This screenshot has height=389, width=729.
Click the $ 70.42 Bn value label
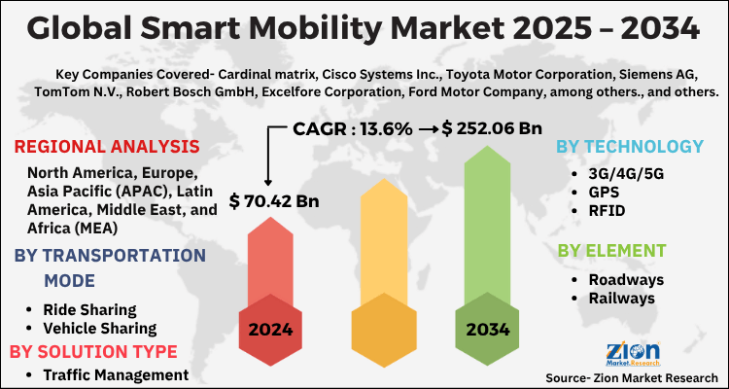(273, 202)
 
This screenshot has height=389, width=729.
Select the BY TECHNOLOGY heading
(629, 147)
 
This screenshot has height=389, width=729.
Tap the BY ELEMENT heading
(611, 251)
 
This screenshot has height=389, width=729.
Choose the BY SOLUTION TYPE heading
(93, 351)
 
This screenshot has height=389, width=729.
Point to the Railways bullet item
(619, 299)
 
